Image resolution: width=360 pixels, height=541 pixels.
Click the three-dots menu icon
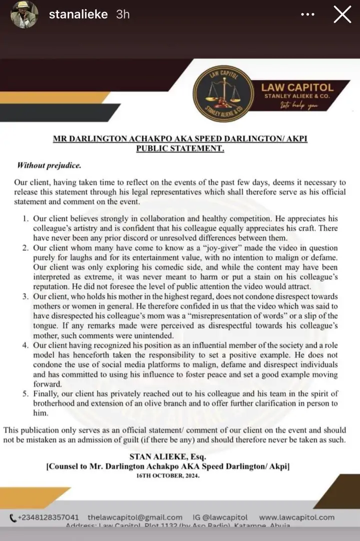(307, 15)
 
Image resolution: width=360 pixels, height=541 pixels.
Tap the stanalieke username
(78, 14)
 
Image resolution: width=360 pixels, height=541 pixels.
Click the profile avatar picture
(24, 14)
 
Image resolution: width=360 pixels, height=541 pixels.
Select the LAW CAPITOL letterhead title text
(297, 87)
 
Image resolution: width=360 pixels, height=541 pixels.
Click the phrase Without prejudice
(49, 165)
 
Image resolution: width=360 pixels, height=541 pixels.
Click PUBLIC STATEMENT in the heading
(180, 148)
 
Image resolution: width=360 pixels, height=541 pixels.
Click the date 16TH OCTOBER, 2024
(167, 476)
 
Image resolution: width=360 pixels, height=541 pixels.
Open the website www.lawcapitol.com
(297, 517)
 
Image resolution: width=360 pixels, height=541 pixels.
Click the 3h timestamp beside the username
(123, 14)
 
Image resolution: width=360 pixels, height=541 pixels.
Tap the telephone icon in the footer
(13, 517)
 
